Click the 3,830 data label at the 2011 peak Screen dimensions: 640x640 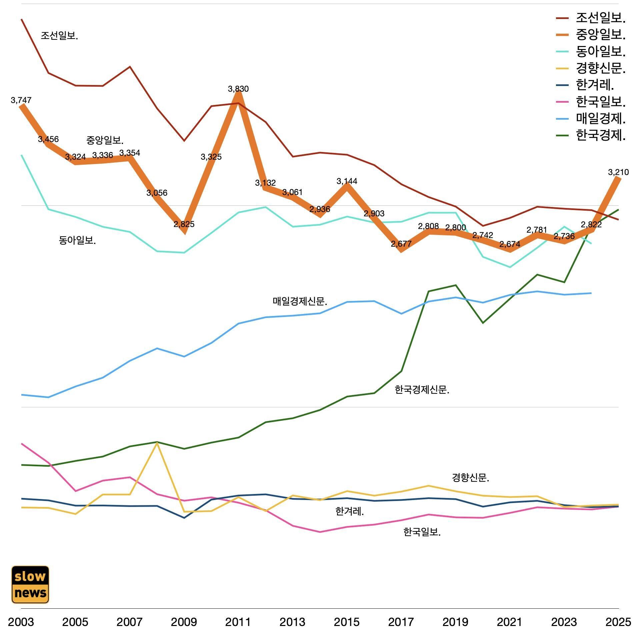(238, 89)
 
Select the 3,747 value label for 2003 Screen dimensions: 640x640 (21, 100)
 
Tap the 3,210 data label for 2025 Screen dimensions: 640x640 (618, 172)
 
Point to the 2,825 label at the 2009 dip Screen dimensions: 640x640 (184, 224)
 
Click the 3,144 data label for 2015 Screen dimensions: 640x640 (347, 181)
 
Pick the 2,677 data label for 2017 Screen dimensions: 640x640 (401, 244)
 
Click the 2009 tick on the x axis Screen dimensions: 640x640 (184, 622)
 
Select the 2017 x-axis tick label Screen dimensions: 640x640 (401, 622)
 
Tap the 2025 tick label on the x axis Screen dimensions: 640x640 (618, 622)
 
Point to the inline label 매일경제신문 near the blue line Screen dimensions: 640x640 (300, 302)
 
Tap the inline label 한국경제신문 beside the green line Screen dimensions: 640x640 (422, 390)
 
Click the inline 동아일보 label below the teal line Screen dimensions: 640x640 (77, 240)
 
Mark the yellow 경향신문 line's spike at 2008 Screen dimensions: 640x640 (157, 443)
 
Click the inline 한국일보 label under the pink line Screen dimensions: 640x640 (422, 532)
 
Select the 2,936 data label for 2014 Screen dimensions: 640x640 (319, 209)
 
